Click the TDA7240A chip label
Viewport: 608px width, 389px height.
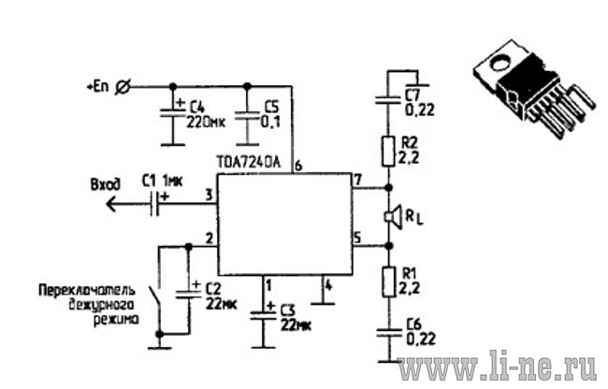point(249,163)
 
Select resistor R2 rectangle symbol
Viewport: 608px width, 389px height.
point(388,151)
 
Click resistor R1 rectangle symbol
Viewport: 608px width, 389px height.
point(389,281)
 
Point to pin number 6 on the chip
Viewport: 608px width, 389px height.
point(297,166)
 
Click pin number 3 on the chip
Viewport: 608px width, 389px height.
point(210,194)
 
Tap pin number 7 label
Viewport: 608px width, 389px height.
point(357,180)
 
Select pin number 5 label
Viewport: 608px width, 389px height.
point(357,238)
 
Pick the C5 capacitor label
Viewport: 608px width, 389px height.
point(272,107)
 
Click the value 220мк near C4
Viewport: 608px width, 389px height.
point(206,122)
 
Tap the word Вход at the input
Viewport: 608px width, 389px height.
point(106,184)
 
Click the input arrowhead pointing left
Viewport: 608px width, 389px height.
point(112,204)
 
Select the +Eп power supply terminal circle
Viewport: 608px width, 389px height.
point(123,88)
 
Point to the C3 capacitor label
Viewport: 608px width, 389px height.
point(287,310)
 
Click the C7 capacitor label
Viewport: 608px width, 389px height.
point(413,95)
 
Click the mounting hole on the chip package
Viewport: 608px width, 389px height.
point(501,63)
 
